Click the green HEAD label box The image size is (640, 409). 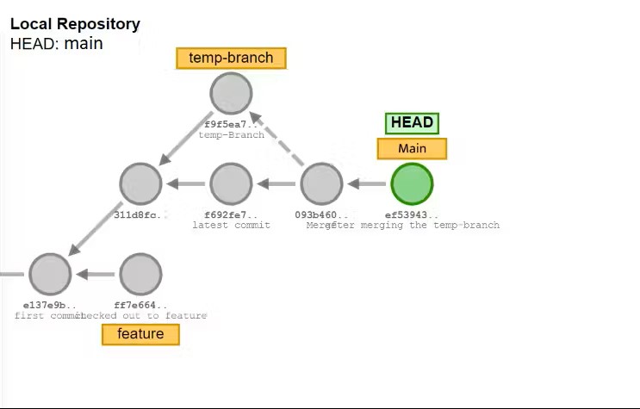(412, 122)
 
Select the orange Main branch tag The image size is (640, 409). (412, 149)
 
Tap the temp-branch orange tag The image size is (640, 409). (231, 59)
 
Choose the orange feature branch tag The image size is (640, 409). (140, 334)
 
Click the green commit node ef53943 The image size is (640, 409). (412, 183)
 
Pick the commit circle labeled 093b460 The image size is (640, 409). (321, 183)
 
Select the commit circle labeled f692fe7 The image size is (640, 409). (231, 183)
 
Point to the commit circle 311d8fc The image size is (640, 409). (140, 183)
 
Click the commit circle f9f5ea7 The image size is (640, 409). (231, 93)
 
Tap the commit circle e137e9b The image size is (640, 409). (50, 274)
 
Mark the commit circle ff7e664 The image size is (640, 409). (140, 274)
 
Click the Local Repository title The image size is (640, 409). (75, 25)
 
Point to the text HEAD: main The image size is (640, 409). (57, 43)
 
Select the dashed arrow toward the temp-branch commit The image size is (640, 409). (277, 138)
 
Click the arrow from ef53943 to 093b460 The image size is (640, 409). (367, 183)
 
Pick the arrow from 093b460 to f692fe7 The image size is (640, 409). (277, 183)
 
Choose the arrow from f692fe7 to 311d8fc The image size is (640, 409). (186, 183)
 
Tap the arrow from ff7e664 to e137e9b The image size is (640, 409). (96, 274)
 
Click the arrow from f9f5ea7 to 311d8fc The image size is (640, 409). (185, 139)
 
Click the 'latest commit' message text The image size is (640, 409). (231, 226)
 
